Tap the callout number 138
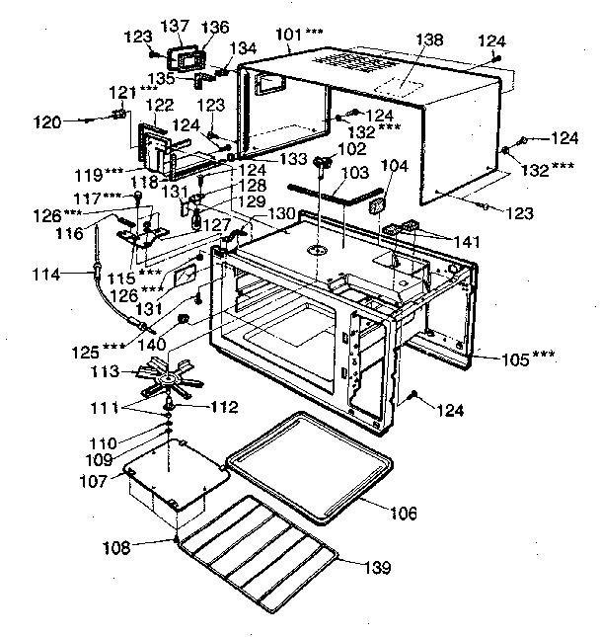(430, 41)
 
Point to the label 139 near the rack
(375, 568)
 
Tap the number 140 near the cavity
(152, 345)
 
